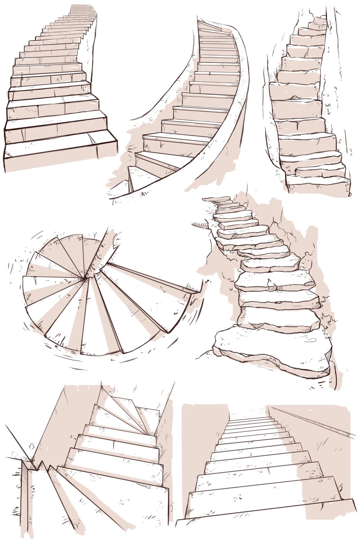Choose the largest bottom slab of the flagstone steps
271,350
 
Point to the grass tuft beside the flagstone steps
329,321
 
